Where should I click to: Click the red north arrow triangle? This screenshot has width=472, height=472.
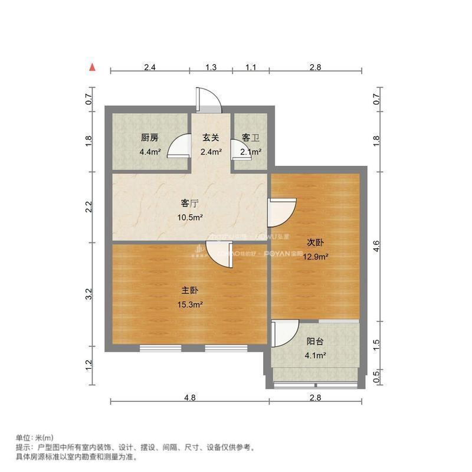coord(92,67)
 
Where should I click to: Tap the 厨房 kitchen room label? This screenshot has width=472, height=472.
coord(149,138)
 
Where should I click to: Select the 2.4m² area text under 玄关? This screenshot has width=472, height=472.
coord(211,152)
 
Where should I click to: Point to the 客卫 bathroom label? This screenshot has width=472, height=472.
coord(251,138)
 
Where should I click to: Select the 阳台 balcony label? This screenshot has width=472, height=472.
coord(315,341)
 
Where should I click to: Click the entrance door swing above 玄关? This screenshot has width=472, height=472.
coord(208,99)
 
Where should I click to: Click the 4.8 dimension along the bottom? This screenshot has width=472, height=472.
coord(189,398)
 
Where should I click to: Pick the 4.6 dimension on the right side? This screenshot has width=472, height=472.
coord(377,244)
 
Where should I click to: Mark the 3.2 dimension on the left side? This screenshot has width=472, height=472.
coord(88,294)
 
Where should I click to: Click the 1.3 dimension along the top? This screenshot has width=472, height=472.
coord(211,67)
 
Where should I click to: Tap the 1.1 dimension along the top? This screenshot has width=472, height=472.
coord(251,67)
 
